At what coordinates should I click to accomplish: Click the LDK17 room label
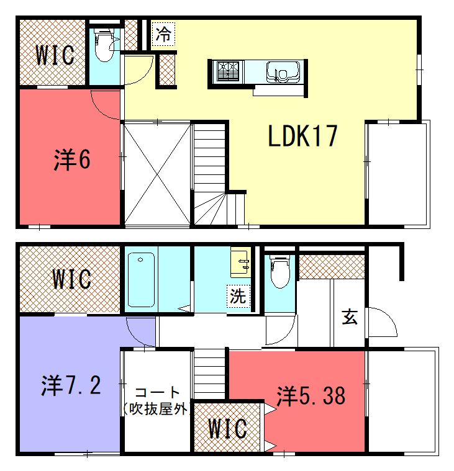tap(302, 136)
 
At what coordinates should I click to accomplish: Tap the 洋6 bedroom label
tap(72, 159)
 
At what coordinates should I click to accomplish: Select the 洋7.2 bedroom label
tap(71, 385)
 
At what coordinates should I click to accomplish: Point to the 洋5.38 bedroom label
tap(311, 396)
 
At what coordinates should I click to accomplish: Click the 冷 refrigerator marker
tap(163, 34)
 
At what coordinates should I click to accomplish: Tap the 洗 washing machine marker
tap(238, 296)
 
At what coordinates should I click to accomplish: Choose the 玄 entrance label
tap(350, 317)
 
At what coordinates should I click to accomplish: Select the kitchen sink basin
tap(283, 71)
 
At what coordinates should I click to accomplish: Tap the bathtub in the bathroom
tap(141, 280)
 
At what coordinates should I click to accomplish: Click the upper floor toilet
tap(104, 45)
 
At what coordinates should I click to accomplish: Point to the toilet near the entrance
tap(280, 272)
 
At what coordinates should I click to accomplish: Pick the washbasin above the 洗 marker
tap(240, 262)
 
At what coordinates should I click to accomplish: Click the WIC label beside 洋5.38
tap(227, 428)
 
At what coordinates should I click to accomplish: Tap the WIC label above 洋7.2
tap(71, 279)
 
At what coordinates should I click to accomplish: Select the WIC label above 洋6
tap(55, 55)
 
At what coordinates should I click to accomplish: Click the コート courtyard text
tap(157, 392)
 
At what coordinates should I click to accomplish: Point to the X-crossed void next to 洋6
tap(157, 174)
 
